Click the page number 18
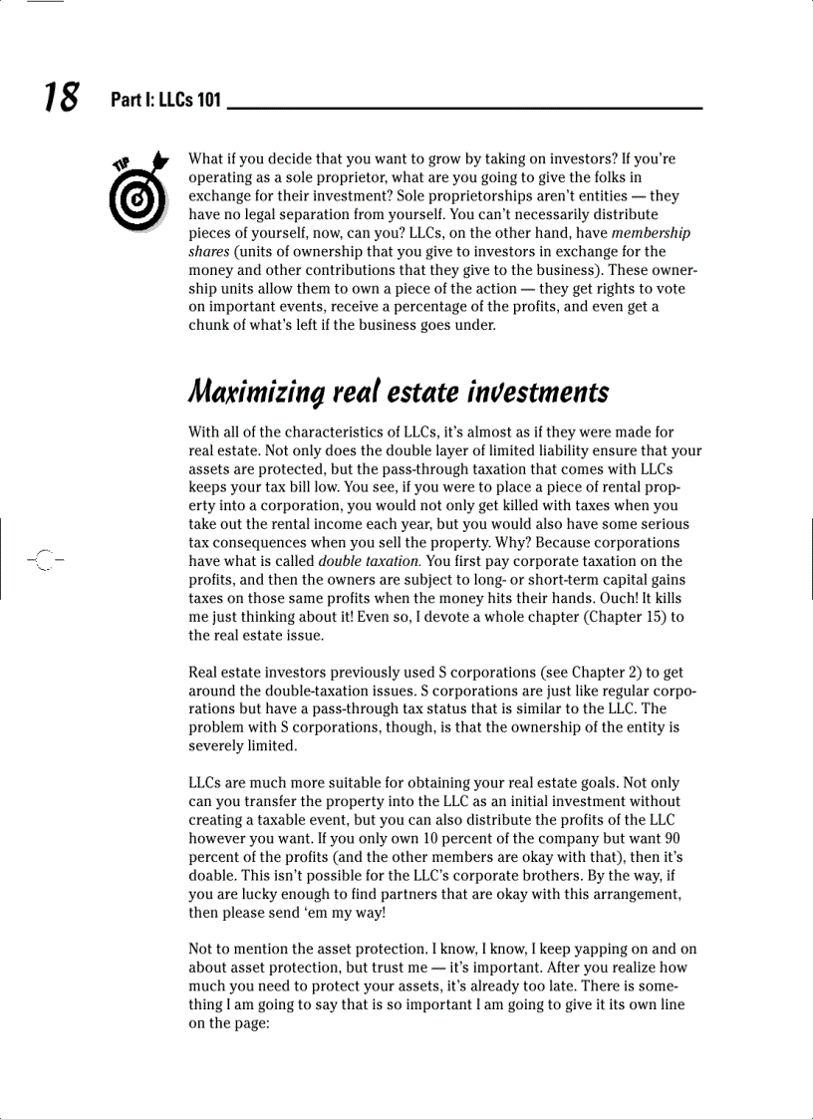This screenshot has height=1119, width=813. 60,97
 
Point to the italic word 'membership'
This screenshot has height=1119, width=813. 651,233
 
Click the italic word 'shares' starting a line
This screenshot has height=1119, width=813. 208,252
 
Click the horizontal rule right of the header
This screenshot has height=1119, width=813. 464,107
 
